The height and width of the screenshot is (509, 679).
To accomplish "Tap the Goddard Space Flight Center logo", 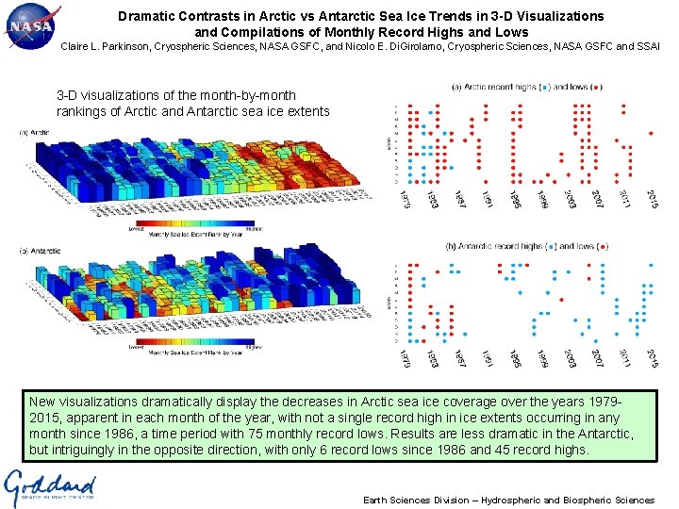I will coord(49,487).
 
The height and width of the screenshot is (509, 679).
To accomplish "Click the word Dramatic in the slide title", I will coord(149,16).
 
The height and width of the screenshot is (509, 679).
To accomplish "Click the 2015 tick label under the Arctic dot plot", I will coord(654,199).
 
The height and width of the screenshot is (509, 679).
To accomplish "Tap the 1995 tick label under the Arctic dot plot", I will coord(516,199).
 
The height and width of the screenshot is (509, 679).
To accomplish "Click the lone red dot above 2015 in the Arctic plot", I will coord(651,134).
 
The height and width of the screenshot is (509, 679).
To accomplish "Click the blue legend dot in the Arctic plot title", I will coord(548,88).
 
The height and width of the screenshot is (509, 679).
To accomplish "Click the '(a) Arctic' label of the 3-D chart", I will coord(35,133).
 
